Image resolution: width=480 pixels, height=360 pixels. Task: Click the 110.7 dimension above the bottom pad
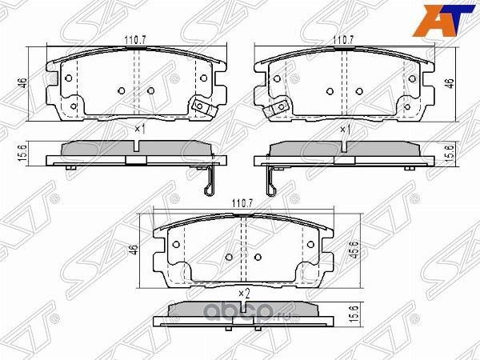point(242,205)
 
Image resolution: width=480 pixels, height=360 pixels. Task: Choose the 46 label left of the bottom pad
point(135,251)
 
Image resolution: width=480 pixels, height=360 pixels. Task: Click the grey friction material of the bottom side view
point(242,308)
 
